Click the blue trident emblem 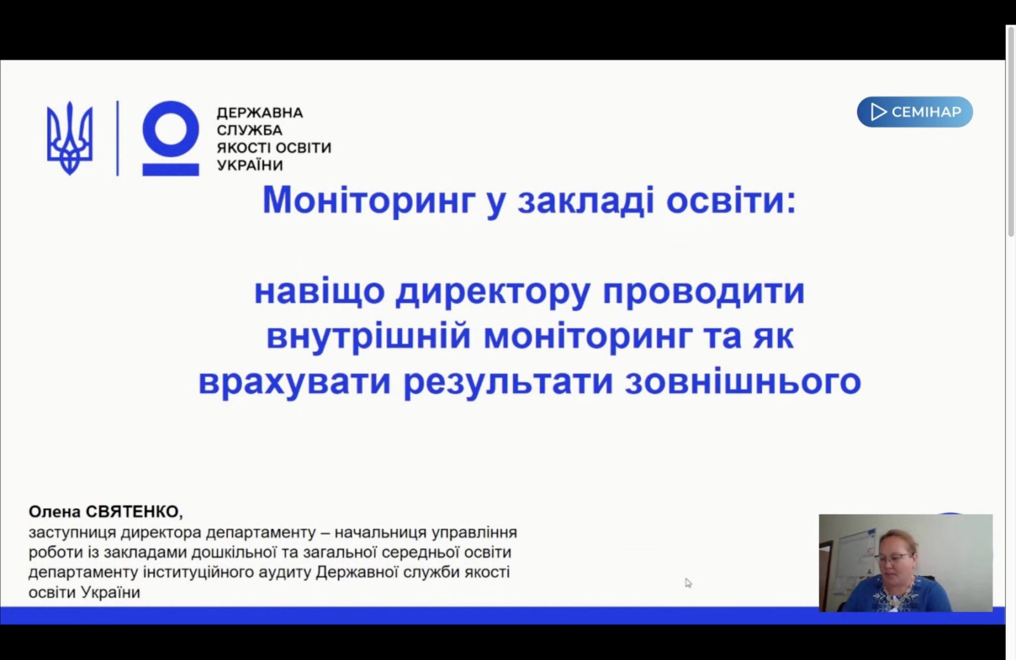pyautogui.click(x=70, y=138)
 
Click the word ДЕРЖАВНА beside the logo pyautogui.click(x=260, y=112)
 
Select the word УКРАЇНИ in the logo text pyautogui.click(x=250, y=165)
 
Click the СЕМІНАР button pyautogui.click(x=915, y=112)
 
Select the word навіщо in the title pyautogui.click(x=319, y=291)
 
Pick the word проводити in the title pyautogui.click(x=704, y=291)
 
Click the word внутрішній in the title pyautogui.click(x=368, y=337)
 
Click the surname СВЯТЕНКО pyautogui.click(x=134, y=511)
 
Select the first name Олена pyautogui.click(x=55, y=511)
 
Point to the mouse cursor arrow pyautogui.click(x=688, y=583)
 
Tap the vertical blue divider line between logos pyautogui.click(x=118, y=138)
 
